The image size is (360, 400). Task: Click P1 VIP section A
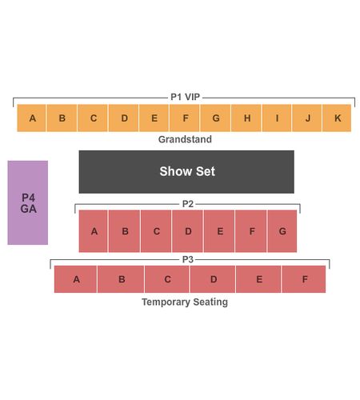(31, 118)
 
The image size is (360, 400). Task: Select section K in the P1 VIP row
(337, 118)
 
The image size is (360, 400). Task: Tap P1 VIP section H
(246, 118)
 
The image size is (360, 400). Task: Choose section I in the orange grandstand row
(277, 118)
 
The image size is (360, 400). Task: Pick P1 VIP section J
(307, 118)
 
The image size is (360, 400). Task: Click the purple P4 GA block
(28, 202)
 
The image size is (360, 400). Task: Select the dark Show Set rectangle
(186, 172)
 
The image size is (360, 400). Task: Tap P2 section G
(282, 231)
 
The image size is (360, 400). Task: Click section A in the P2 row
(94, 231)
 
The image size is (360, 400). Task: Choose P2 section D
(188, 231)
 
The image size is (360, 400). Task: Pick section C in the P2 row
(156, 231)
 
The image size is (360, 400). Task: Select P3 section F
(304, 279)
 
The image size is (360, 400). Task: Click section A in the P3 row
(75, 279)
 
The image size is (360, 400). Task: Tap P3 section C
(167, 279)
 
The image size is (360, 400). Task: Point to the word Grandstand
(185, 139)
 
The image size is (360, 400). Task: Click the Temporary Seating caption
(185, 302)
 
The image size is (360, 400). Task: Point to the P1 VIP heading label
(185, 97)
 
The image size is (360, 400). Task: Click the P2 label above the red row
(188, 204)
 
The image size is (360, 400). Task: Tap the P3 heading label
(188, 259)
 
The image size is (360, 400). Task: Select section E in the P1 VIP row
(154, 118)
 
